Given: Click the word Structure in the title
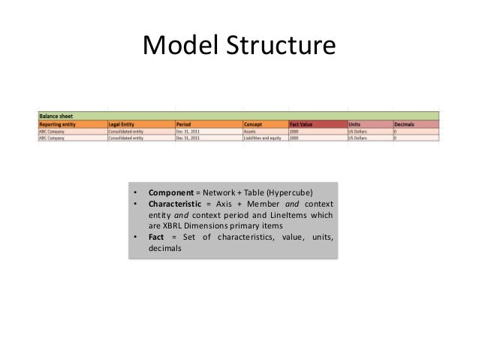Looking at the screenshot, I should coord(280,47).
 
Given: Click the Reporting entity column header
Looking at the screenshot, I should coord(57,124).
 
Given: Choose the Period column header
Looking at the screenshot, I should coord(184,124).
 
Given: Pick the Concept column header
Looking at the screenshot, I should coord(253,124).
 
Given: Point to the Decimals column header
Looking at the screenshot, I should coord(405,124).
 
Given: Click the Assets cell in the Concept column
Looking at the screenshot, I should coord(249,131).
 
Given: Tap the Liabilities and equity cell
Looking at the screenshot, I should coord(260,138).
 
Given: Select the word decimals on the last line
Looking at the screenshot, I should coord(165,250).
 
